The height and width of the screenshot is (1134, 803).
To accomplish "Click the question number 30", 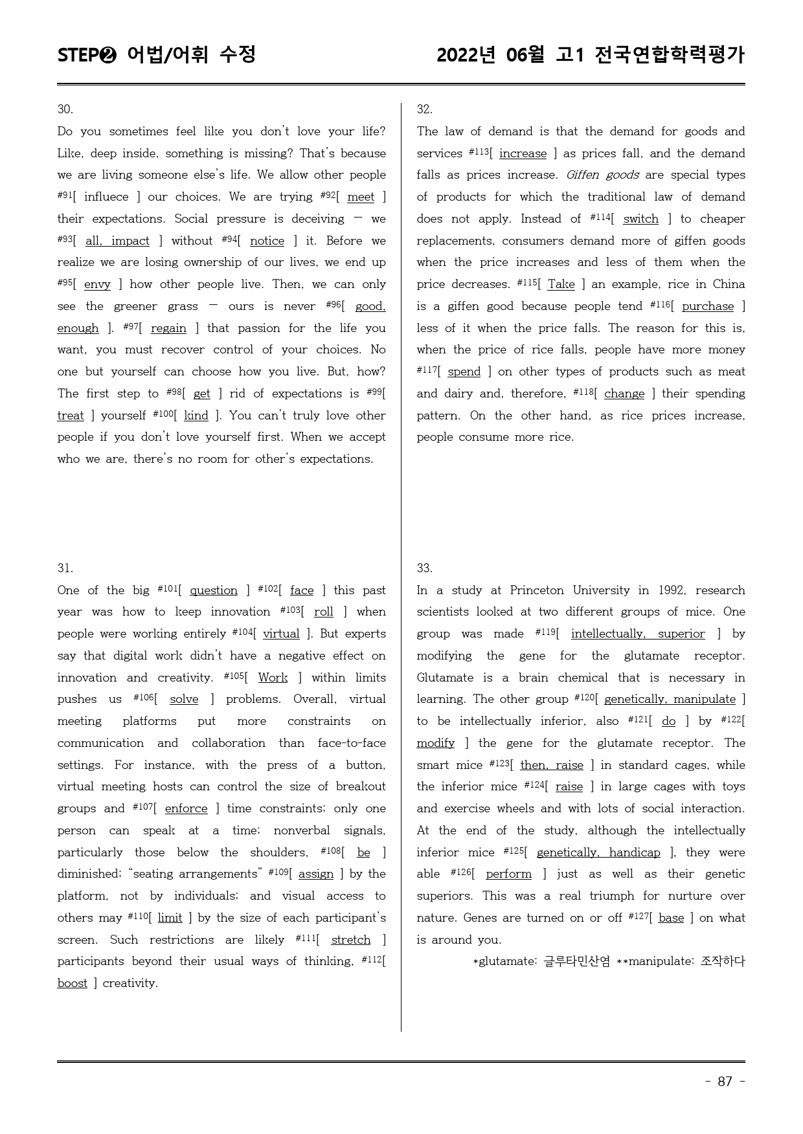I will (65, 109).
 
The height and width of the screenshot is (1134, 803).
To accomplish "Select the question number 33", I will (424, 568).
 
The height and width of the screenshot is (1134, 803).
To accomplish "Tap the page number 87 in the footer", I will (725, 1081).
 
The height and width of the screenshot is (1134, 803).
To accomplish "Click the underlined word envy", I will (97, 284).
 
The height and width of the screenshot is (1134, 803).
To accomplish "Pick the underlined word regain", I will (168, 328).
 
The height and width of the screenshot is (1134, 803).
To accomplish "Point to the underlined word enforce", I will (186, 808).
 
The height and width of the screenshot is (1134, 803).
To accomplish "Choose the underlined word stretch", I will (350, 939).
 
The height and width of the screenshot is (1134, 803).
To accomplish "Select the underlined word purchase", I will (707, 306).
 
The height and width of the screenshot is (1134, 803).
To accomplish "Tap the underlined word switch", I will (640, 219).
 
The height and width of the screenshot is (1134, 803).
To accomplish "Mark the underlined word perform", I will (508, 874).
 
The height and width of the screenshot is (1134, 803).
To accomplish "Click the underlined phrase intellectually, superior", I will (637, 634).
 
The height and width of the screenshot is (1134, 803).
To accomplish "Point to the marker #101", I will (168, 588).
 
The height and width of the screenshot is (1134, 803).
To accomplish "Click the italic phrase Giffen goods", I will (602, 175).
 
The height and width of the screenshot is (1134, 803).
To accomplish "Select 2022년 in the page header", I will (466, 56).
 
